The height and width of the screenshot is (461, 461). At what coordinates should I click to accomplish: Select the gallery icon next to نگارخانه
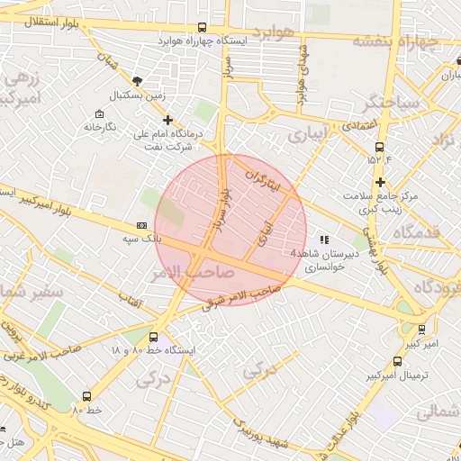click(99, 113)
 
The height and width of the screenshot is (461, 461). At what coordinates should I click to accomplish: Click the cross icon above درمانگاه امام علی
click(167, 119)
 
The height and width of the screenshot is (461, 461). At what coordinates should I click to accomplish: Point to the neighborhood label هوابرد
click(274, 32)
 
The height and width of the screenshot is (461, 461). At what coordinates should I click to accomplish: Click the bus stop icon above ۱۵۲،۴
click(379, 147)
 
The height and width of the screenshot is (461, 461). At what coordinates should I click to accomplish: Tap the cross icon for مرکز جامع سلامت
click(381, 183)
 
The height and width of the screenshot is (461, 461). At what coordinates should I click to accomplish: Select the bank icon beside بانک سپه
click(141, 226)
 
